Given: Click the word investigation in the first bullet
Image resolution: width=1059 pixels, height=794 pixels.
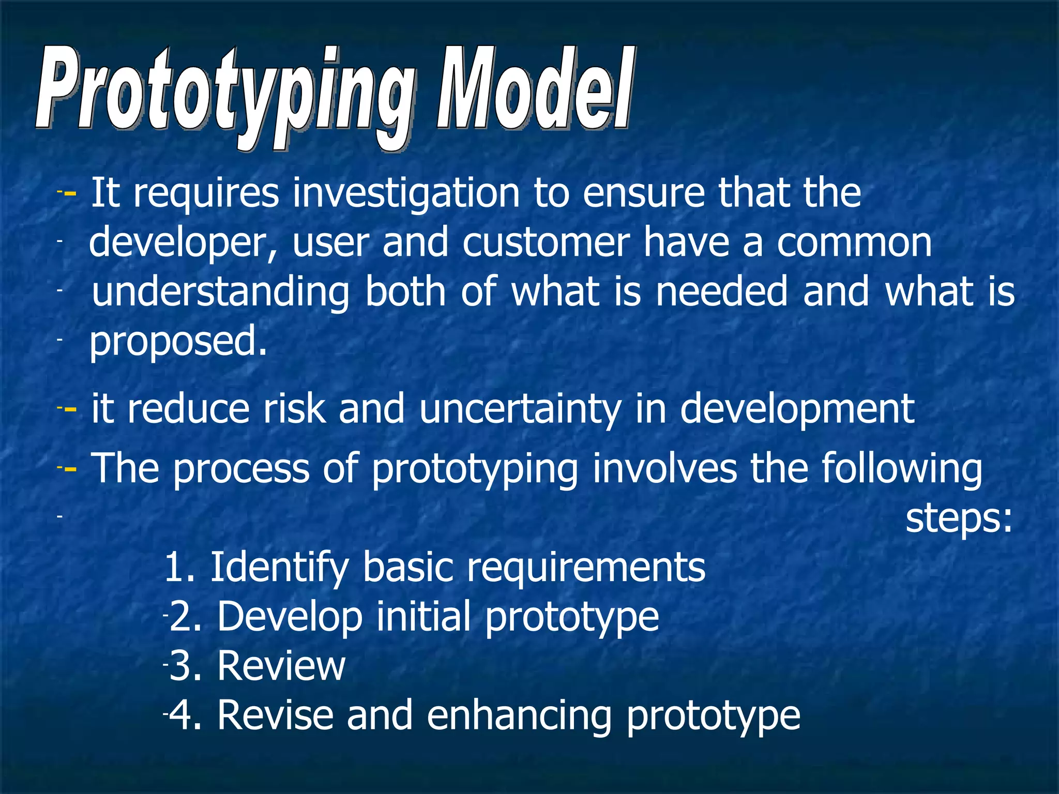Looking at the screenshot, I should click(x=406, y=194).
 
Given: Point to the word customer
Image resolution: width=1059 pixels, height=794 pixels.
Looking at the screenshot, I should click(x=546, y=243).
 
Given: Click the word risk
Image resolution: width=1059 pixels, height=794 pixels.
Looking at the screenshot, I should click(x=294, y=408).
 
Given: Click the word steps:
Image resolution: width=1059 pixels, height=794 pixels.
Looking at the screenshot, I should click(x=959, y=518).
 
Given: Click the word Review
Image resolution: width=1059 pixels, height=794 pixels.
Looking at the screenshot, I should click(x=281, y=666).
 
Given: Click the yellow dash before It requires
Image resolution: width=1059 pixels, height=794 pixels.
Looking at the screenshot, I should click(x=70, y=194).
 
